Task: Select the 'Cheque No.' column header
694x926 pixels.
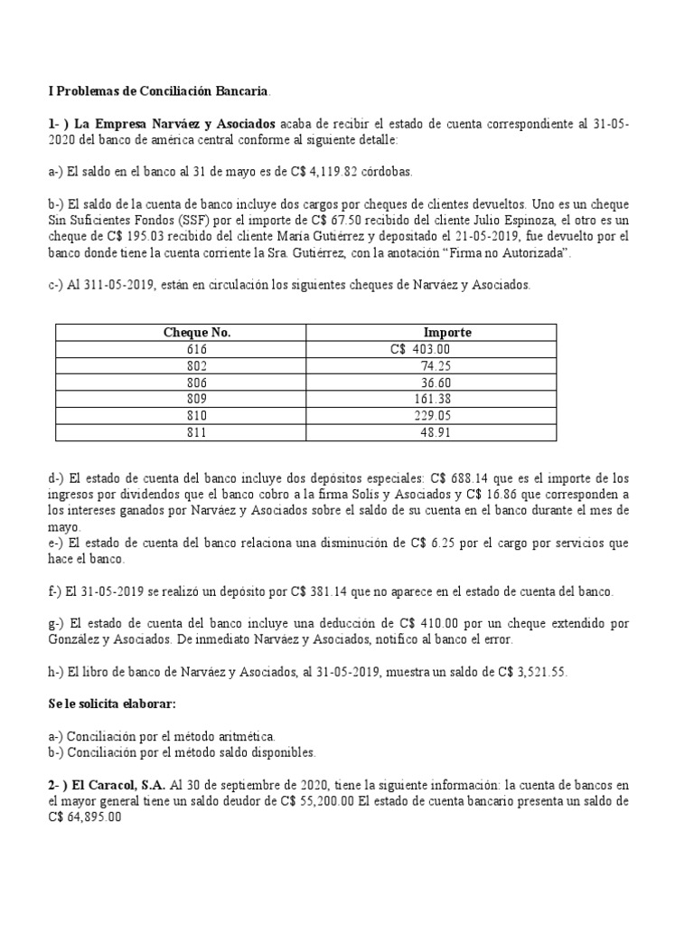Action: coord(197,333)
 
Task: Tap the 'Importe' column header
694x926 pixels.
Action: coord(447,333)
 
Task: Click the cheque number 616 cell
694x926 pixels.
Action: coord(197,349)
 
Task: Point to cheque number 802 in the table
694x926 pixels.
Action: coord(197,366)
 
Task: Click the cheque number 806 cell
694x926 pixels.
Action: coord(197,383)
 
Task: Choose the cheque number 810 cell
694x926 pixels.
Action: coord(197,416)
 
